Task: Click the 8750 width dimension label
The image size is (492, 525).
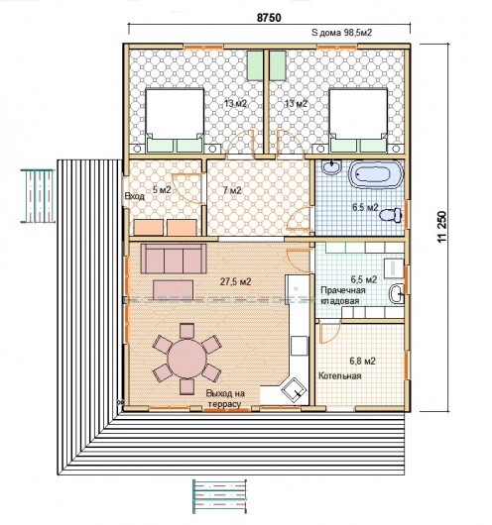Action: click(x=269, y=18)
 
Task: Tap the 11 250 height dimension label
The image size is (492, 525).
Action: click(x=442, y=227)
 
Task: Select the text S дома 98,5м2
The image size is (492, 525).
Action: click(x=342, y=33)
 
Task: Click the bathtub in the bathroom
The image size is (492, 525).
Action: click(x=376, y=174)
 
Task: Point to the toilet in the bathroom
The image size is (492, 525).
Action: click(x=391, y=215)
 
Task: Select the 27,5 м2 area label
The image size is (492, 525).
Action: click(x=235, y=282)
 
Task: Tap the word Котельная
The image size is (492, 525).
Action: click(x=340, y=375)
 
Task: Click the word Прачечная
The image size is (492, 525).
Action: click(x=343, y=290)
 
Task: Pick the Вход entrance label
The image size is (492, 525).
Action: click(x=135, y=196)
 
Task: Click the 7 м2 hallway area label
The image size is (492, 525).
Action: click(x=232, y=190)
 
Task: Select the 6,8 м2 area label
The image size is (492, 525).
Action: click(x=362, y=361)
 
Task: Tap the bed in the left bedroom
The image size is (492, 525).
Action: click(x=175, y=120)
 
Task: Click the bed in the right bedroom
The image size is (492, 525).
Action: click(x=358, y=120)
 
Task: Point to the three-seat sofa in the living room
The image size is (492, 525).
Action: click(x=174, y=259)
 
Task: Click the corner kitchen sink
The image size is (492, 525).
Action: click(x=294, y=390)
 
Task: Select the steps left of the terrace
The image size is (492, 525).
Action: click(x=38, y=196)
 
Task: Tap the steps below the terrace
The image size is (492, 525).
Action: click(x=219, y=496)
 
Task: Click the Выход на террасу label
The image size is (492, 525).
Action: click(x=225, y=398)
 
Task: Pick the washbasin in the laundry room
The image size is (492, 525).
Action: click(x=397, y=294)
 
